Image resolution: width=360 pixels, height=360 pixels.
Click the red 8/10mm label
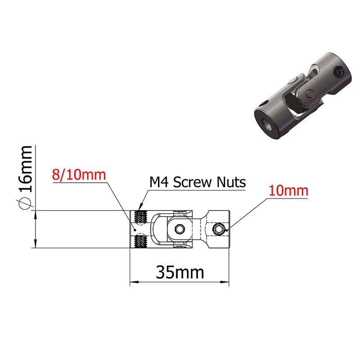(x=79, y=175)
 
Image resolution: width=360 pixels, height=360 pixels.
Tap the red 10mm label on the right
(x=288, y=191)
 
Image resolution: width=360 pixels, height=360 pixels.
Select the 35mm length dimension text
(x=180, y=273)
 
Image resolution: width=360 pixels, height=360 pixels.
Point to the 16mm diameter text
(x=25, y=169)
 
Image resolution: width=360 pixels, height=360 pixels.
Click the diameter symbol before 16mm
(x=24, y=203)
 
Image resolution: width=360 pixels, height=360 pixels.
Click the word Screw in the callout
(x=192, y=182)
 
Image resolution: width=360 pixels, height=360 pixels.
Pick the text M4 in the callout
(x=159, y=182)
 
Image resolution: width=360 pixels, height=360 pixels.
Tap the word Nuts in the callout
(x=231, y=182)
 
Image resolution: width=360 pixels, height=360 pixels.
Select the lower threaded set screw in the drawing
(x=140, y=241)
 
